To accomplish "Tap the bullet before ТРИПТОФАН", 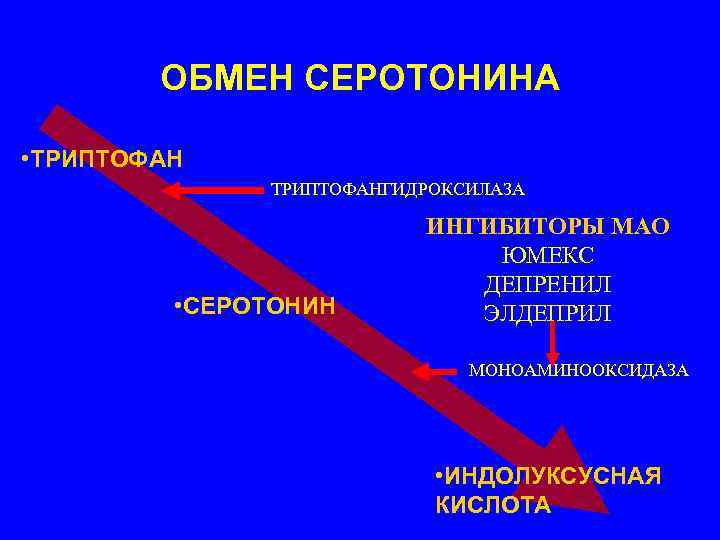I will [x=23, y=159].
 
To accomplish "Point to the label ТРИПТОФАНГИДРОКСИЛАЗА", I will [x=398, y=189].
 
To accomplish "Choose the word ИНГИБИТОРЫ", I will [x=505, y=226].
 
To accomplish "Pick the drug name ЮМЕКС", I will [x=547, y=255].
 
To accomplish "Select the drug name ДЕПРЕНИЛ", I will [x=547, y=284].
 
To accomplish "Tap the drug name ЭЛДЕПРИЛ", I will [x=547, y=313].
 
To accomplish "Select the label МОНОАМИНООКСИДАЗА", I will [x=579, y=370].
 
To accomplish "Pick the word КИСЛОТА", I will [x=493, y=505].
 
